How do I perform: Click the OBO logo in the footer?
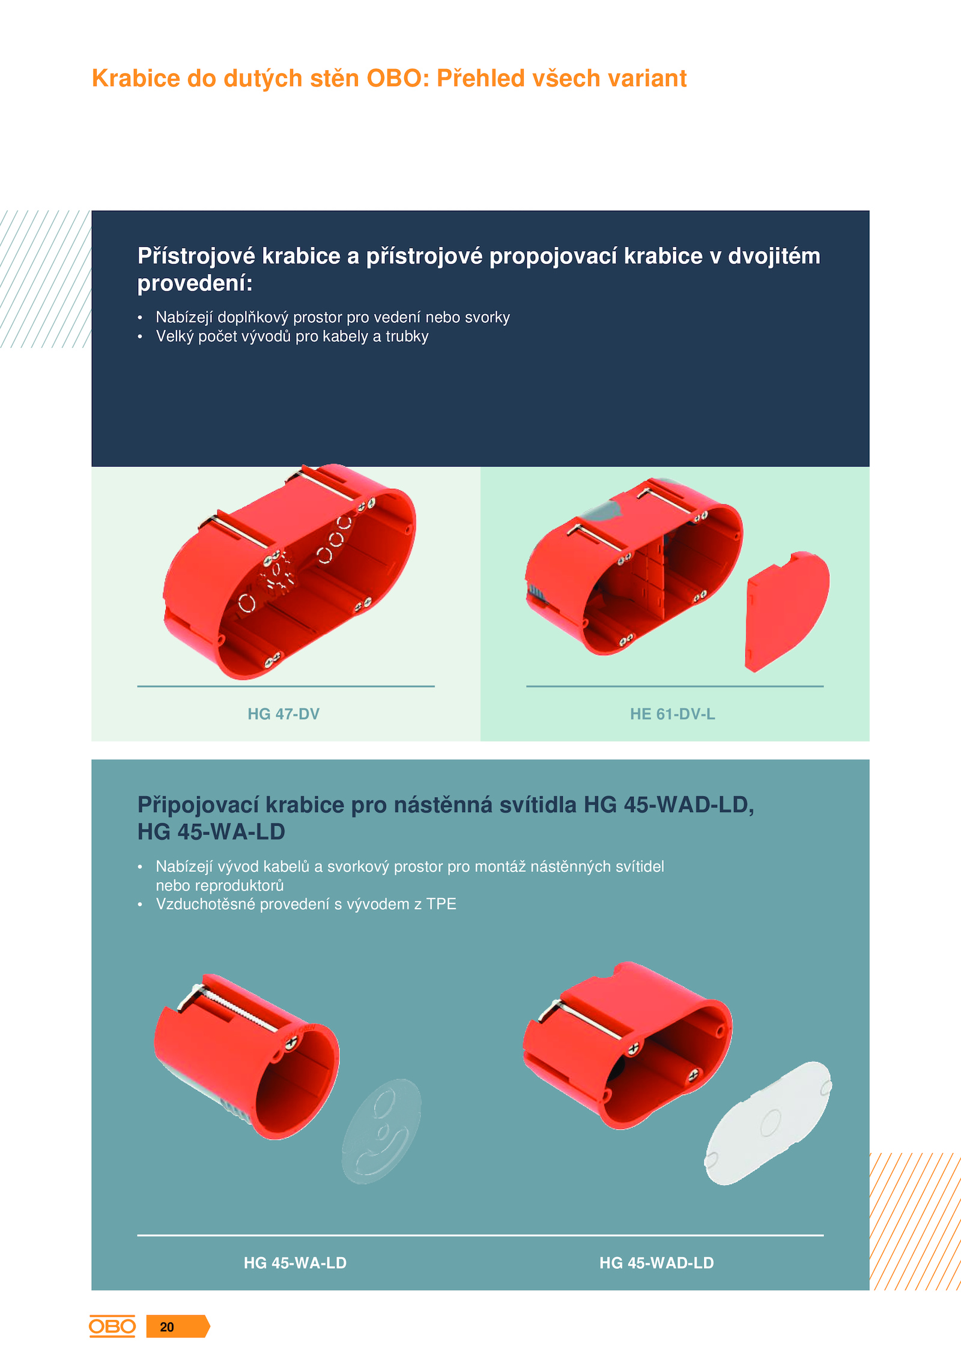pyautogui.click(x=112, y=1326)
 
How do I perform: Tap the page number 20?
pyautogui.click(x=167, y=1327)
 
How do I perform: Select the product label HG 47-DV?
pyautogui.click(x=283, y=714)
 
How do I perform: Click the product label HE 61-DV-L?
pyautogui.click(x=672, y=714)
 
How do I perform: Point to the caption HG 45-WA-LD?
pyautogui.click(x=295, y=1263)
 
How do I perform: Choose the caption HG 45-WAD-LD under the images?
pyautogui.click(x=656, y=1263)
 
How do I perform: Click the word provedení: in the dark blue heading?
pyautogui.click(x=195, y=283)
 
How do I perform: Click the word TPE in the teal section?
pyautogui.click(x=441, y=904)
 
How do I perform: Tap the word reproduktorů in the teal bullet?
pyautogui.click(x=220, y=886)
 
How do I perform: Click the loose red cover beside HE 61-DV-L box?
pyautogui.click(x=787, y=611)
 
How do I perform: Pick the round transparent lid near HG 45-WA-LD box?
pyautogui.click(x=381, y=1131)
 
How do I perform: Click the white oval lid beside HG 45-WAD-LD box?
pyautogui.click(x=768, y=1123)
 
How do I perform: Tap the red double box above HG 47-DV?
pyautogui.click(x=289, y=572)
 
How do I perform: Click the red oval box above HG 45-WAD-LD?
pyautogui.click(x=628, y=1046)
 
